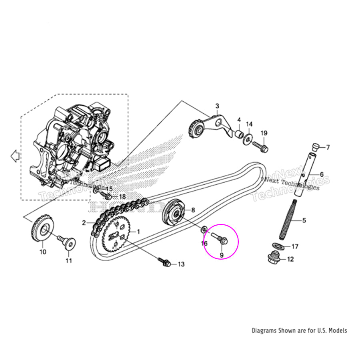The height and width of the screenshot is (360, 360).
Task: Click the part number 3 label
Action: (217, 106)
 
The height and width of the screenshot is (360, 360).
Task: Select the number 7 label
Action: (328, 148)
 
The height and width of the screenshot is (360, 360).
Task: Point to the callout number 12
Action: (290, 259)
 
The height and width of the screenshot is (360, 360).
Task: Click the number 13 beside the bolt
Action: (181, 264)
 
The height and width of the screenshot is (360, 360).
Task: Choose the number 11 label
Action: (68, 261)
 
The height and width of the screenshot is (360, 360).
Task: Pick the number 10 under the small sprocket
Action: (43, 252)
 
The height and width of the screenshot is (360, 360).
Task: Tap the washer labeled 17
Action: (278, 245)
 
